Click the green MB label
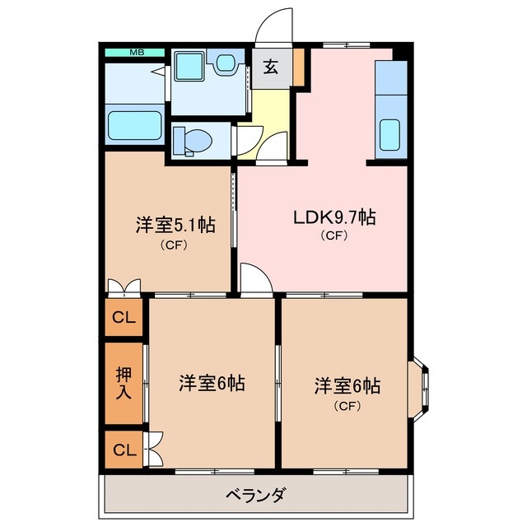pyautogui.click(x=136, y=53)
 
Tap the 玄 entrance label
pyautogui.click(x=271, y=68)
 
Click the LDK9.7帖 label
pyautogui.click(x=335, y=217)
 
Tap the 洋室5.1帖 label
pyautogui.click(x=175, y=225)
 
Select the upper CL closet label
pyautogui.click(x=124, y=317)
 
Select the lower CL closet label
pyautogui.click(x=124, y=450)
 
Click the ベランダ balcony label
pyautogui.click(x=255, y=495)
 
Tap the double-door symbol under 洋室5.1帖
pyautogui.click(x=124, y=287)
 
